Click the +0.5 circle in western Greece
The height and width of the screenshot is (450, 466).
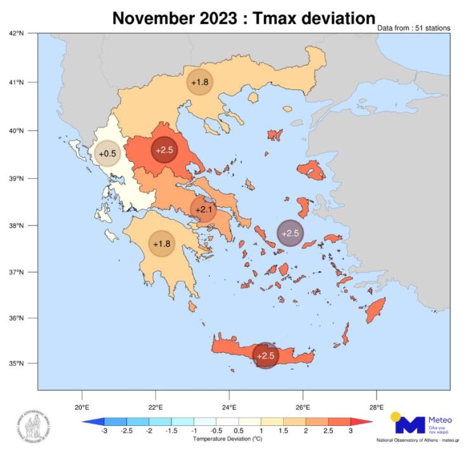point(107,154)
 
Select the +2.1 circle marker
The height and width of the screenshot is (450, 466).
point(203,209)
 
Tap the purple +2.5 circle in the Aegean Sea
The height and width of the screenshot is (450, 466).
point(290,233)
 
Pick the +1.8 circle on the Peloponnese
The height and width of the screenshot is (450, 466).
point(162,244)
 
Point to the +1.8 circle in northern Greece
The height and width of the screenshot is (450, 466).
point(199,83)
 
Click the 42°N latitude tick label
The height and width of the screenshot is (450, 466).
point(17,32)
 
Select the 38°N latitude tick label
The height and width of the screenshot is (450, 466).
point(17,225)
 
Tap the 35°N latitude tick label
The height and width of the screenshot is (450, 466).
point(17,364)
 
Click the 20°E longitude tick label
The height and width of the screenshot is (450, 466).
point(81,407)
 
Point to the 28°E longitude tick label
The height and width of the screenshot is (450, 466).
point(376,407)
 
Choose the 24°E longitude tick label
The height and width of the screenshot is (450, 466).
point(229,407)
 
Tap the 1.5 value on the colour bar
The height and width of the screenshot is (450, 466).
point(286,431)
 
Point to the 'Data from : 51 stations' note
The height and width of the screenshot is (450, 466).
point(413,29)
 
